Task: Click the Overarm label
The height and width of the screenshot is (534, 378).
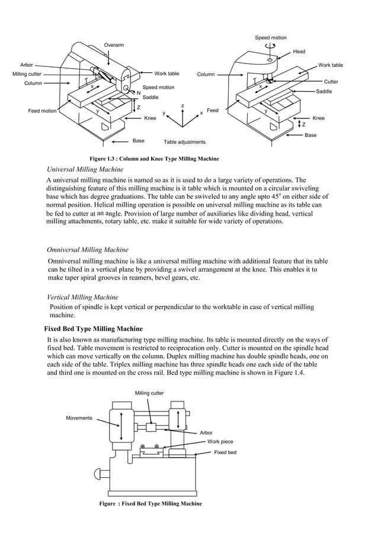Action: click(114, 45)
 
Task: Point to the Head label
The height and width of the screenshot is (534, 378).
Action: click(299, 52)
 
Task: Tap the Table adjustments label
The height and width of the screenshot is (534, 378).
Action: click(184, 142)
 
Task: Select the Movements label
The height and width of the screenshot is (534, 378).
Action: click(79, 418)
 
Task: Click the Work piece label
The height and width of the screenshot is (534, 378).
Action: click(220, 442)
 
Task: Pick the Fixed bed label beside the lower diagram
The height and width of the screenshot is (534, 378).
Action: click(225, 452)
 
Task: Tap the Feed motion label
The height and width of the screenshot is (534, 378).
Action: click(43, 111)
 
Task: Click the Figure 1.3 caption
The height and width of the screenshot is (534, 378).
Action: click(153, 159)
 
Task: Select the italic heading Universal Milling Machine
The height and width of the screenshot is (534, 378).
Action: click(85, 169)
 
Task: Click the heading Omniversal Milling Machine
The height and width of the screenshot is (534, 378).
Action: click(88, 250)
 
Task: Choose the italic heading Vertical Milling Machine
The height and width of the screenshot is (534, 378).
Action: click(82, 297)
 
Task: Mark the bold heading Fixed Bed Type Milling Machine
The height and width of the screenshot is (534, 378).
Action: click(94, 329)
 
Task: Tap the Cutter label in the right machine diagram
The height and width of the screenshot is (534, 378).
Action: click(331, 81)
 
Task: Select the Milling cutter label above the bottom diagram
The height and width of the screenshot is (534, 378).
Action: click(149, 393)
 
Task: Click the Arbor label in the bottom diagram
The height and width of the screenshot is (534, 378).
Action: click(206, 433)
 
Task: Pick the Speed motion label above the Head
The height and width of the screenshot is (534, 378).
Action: click(270, 38)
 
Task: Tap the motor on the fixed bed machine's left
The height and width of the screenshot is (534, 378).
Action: click(100, 474)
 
